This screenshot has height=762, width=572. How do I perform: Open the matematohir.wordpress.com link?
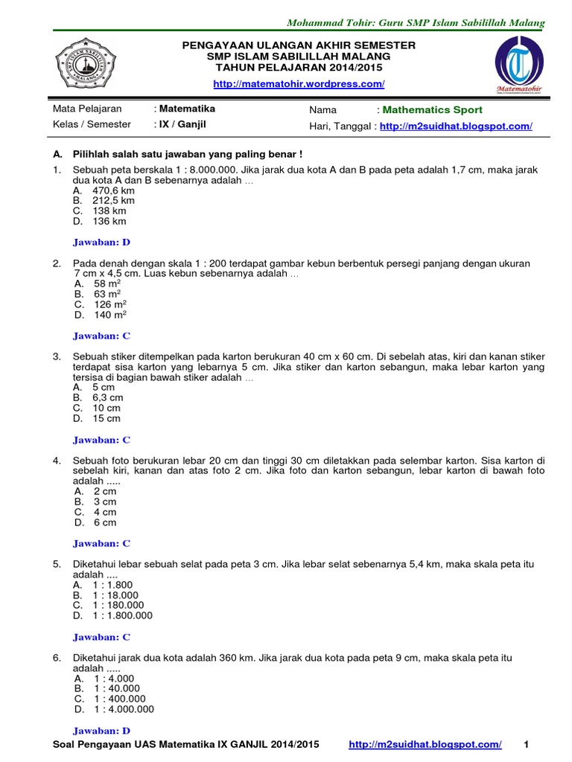pos(299,84)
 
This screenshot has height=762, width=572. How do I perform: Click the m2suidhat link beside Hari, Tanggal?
pos(456,127)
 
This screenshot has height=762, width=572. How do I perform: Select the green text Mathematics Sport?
pos(432,110)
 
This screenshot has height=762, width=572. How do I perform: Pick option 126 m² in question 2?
pos(109,304)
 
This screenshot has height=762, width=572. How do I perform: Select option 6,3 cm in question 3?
pos(107,398)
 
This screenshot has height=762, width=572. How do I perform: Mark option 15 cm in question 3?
pos(107,419)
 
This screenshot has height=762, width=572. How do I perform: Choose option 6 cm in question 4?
pos(105,522)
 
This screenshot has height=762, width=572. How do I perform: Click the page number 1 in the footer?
pos(527,745)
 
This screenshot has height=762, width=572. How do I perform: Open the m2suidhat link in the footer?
pos(425,745)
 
